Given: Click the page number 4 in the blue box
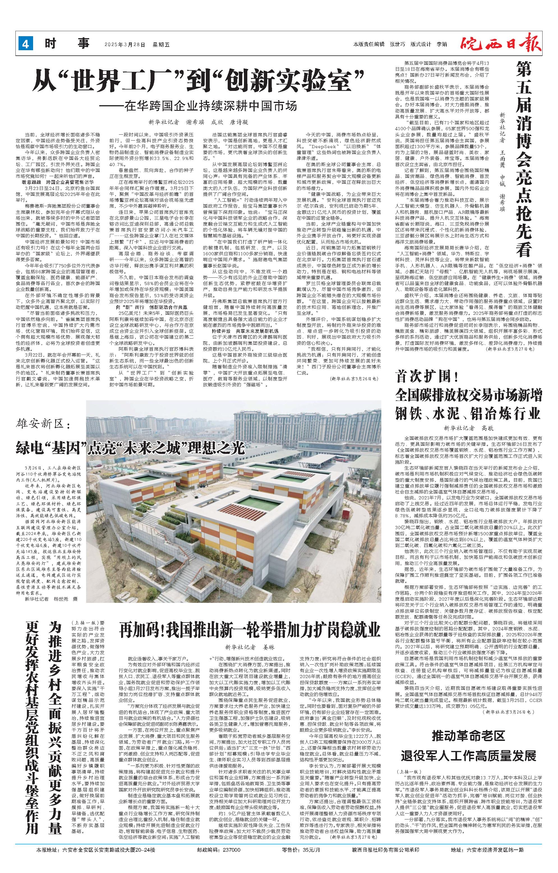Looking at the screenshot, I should (25, 44).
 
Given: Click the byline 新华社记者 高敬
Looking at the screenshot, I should (468, 428).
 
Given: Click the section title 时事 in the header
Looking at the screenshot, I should (67, 44).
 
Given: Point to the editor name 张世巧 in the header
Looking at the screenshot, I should (397, 44).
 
